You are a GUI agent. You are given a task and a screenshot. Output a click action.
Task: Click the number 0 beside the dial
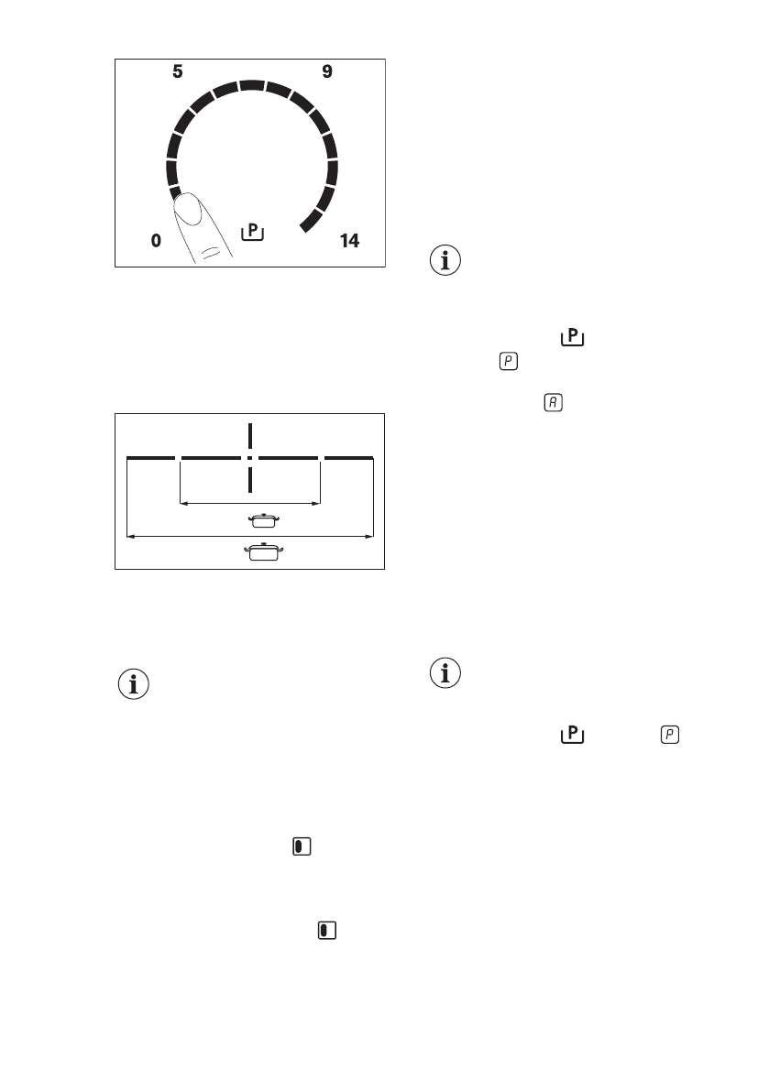click(156, 241)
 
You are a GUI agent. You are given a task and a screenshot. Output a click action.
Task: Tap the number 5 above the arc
click(178, 71)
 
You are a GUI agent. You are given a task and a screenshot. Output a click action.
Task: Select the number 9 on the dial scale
click(327, 71)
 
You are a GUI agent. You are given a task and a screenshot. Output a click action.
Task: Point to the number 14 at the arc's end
click(349, 241)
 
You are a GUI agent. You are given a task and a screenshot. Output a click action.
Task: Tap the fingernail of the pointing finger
click(189, 210)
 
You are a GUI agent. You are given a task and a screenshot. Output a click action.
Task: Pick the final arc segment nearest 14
click(313, 219)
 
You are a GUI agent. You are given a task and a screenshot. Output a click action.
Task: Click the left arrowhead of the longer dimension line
click(129, 534)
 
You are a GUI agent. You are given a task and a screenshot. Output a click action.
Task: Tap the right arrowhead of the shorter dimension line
click(316, 503)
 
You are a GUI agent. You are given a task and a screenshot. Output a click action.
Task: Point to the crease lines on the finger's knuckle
click(211, 251)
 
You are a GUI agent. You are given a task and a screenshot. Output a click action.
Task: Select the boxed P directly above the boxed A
click(507, 363)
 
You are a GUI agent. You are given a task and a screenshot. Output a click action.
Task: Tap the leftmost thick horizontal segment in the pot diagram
click(150, 456)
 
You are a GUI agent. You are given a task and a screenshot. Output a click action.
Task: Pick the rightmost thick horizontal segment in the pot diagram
click(349, 456)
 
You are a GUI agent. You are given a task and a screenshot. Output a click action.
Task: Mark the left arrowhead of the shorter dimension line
click(183, 503)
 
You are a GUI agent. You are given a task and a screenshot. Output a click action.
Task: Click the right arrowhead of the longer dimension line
click(370, 534)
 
